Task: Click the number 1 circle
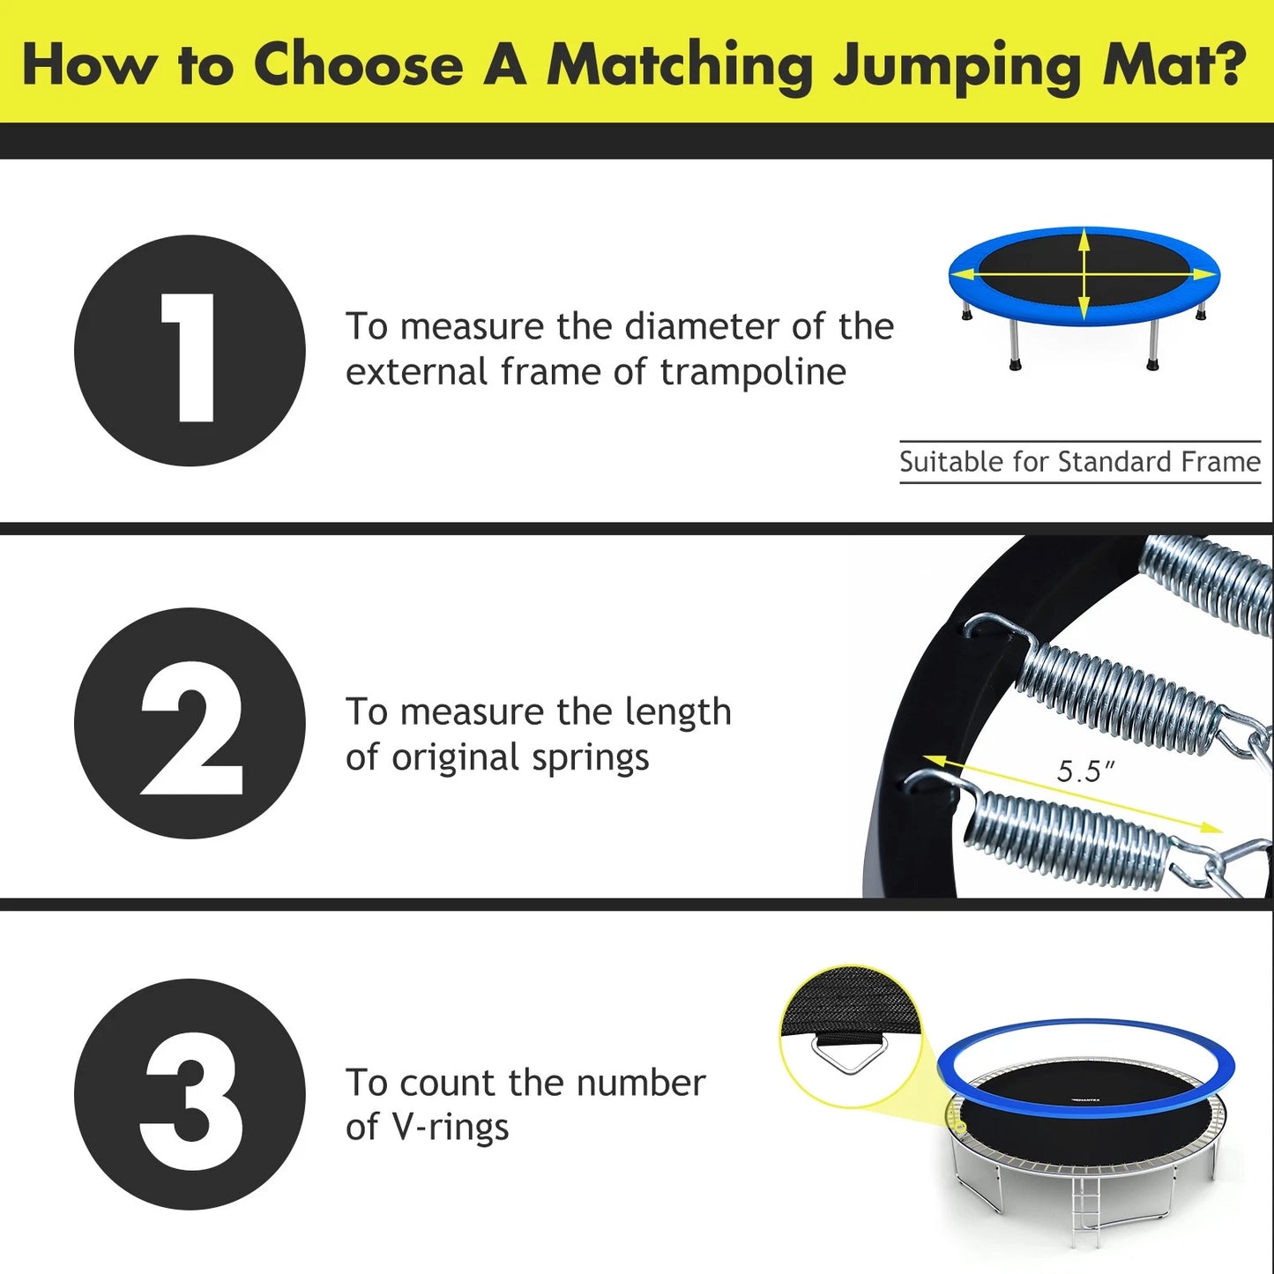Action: pos(190,351)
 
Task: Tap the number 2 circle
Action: pos(190,724)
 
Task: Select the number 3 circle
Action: pos(190,1094)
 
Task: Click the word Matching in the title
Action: pos(679,66)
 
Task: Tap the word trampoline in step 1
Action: pos(753,372)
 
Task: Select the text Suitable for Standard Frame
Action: pos(1079,462)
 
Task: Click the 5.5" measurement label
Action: pos(1085,771)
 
